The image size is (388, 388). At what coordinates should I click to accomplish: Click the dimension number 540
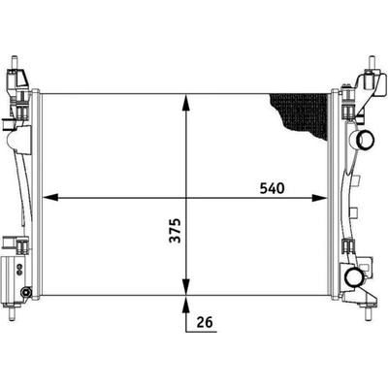tap(272, 188)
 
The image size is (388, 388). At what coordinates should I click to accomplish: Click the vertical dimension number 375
tap(176, 231)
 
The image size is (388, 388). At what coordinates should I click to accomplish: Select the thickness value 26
tap(205, 322)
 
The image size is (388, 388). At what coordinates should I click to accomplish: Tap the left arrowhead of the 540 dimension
tap(50, 197)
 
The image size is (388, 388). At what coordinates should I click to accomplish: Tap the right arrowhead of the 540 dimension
tap(320, 197)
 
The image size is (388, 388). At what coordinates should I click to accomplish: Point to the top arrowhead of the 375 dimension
tap(186, 102)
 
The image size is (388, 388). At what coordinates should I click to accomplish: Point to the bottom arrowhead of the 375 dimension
tap(186, 287)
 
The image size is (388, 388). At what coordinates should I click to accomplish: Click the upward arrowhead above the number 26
tap(186, 304)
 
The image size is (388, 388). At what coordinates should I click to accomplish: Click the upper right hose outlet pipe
tap(365, 140)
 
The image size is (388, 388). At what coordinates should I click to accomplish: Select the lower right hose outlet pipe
tap(354, 276)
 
